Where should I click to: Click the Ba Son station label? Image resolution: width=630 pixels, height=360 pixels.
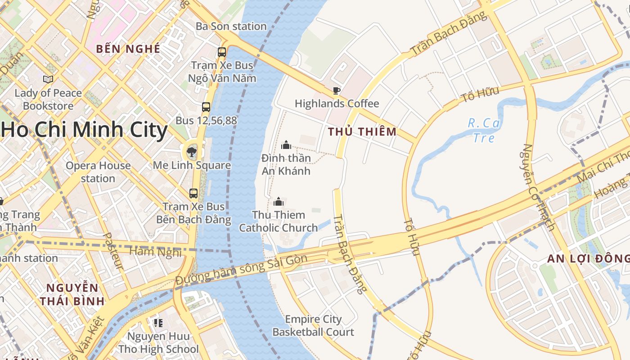point(231,27)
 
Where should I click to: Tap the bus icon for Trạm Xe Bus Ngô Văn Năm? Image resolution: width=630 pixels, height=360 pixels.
point(222,52)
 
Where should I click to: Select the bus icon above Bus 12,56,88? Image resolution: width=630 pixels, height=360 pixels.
point(206,107)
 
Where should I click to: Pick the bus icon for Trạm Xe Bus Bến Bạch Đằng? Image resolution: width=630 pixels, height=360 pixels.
point(193,193)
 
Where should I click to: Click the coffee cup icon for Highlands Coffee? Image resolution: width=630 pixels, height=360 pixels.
point(336,91)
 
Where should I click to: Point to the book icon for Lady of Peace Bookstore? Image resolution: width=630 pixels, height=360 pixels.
point(48,80)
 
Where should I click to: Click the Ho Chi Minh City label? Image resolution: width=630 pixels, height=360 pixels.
point(84,130)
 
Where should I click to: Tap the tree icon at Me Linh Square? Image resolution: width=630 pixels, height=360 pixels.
point(192,152)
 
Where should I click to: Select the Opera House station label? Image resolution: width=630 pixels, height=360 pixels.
point(98,172)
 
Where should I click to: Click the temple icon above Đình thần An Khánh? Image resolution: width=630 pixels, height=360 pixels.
point(286,145)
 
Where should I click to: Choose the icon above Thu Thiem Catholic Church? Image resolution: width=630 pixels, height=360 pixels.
point(279,202)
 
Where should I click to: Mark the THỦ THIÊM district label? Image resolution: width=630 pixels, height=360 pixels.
point(362,132)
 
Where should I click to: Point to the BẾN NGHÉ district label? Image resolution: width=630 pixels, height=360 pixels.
point(128,49)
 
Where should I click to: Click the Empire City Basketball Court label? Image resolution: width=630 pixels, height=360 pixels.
point(313,326)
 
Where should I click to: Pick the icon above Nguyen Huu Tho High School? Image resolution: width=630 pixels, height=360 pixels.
point(158,323)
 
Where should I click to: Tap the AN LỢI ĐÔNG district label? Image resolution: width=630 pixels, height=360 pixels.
point(588,259)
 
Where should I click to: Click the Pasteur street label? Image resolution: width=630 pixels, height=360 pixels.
point(113,251)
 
